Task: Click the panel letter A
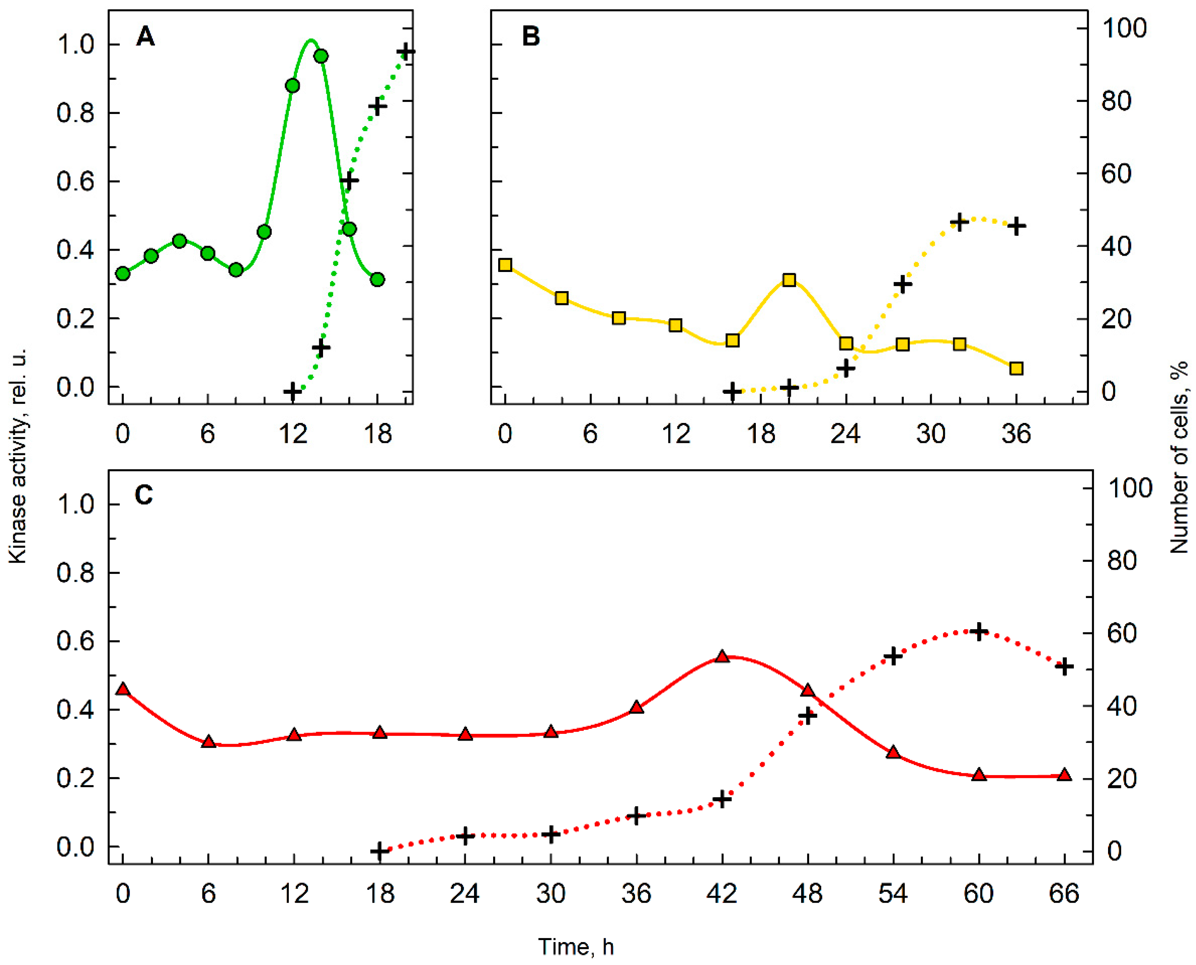pyautogui.click(x=145, y=37)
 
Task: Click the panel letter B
pyautogui.click(x=531, y=37)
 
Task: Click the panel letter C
pyautogui.click(x=144, y=495)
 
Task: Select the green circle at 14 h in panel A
pyautogui.click(x=320, y=56)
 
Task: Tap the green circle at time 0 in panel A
pyautogui.click(x=123, y=274)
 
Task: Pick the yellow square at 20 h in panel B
pyautogui.click(x=789, y=280)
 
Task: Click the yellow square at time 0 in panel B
pyautogui.click(x=505, y=265)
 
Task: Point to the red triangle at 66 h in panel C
pyautogui.click(x=1064, y=775)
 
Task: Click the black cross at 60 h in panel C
pyautogui.click(x=978, y=632)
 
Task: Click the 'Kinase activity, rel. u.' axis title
pyautogui.click(x=18, y=456)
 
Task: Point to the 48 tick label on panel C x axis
pyautogui.click(x=807, y=894)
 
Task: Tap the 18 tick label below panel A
pyautogui.click(x=378, y=433)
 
